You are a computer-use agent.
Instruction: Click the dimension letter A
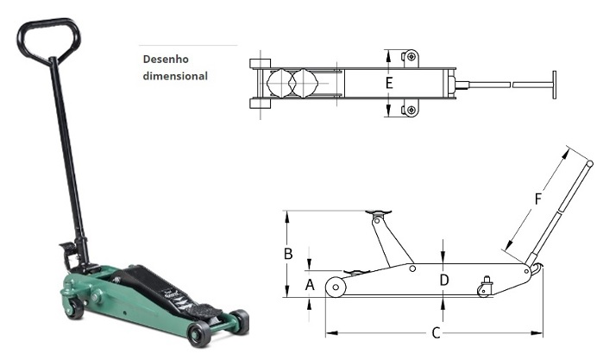[310, 285]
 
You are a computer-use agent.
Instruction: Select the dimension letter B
[288, 254]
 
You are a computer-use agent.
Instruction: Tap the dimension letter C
[436, 333]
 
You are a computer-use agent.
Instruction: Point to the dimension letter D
[444, 280]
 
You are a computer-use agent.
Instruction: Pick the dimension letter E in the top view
[389, 83]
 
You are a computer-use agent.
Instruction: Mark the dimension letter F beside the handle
[538, 199]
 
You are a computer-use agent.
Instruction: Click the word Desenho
[166, 60]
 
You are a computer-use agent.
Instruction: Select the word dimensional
[175, 76]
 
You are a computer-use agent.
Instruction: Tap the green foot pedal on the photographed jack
[66, 247]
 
